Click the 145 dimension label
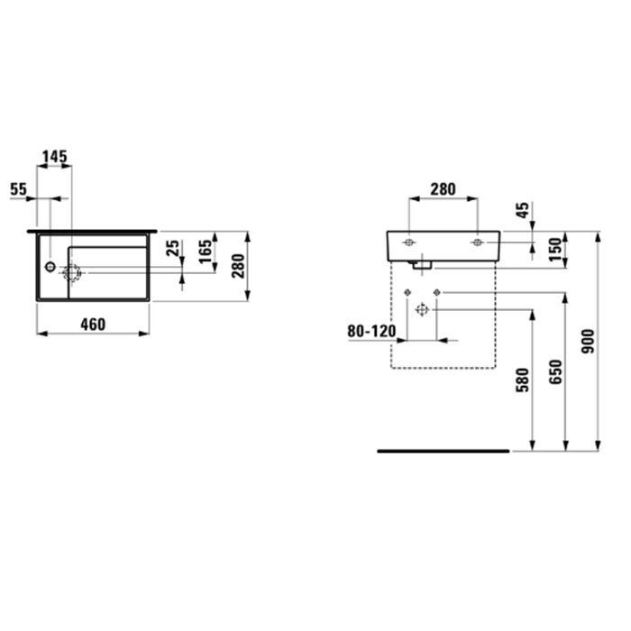coord(54,157)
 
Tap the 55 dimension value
coord(18,189)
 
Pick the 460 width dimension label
coord(90,324)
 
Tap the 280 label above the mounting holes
coord(442,189)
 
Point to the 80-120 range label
coord(371,331)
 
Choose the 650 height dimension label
coord(556,372)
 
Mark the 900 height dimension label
coord(590,341)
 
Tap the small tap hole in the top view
coord(49,268)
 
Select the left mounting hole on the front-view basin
coord(408,242)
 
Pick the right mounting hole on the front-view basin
coord(477,242)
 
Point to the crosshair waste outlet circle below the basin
coord(422,310)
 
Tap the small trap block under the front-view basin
coord(421,263)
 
